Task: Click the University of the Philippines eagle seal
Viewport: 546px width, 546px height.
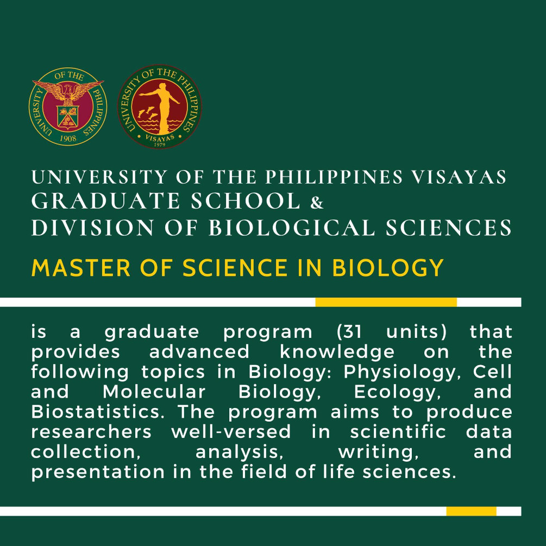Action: (x=68, y=106)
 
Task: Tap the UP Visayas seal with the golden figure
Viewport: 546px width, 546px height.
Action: (x=160, y=106)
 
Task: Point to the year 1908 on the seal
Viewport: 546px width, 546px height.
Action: (x=68, y=138)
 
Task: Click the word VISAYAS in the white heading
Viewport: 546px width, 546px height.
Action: (x=459, y=177)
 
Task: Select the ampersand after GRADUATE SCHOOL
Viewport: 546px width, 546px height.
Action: (x=317, y=202)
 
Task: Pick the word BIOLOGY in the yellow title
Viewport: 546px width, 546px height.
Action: (x=387, y=268)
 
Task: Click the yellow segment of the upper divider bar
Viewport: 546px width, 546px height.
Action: (x=386, y=302)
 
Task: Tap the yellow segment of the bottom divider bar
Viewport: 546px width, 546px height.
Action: (x=471, y=511)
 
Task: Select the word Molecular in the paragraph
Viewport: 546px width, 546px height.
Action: (x=154, y=392)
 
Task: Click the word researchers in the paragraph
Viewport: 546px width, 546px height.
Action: (x=91, y=432)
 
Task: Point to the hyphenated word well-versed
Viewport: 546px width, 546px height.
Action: (x=231, y=432)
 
